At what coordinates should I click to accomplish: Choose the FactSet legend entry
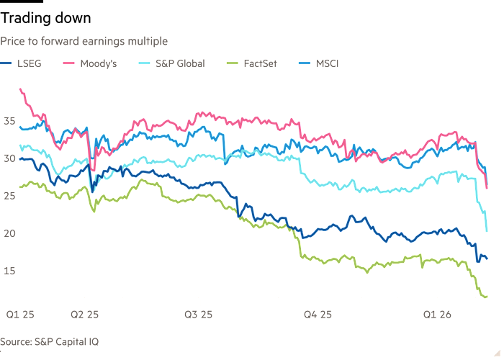(261, 63)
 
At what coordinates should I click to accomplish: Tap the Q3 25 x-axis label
(198, 314)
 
